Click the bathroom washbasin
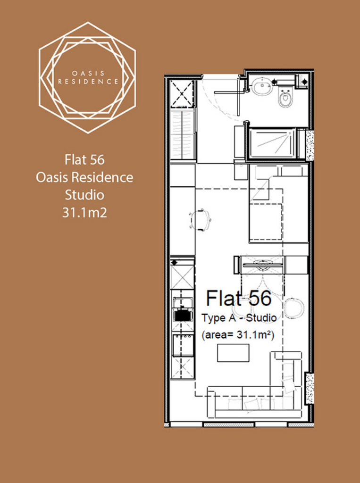click(262, 86)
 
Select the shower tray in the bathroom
click(271, 143)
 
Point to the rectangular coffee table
click(233, 353)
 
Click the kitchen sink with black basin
click(183, 315)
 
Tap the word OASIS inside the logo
click(88, 74)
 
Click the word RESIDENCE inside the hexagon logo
click(88, 82)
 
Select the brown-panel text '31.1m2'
click(84, 213)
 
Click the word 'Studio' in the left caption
click(84, 195)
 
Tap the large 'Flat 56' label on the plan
click(239, 298)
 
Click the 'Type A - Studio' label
click(239, 318)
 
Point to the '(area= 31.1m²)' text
click(238, 335)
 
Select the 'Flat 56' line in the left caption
click(84, 159)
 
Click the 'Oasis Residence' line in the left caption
click(84, 177)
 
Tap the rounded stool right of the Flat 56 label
click(294, 308)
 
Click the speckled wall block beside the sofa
click(310, 388)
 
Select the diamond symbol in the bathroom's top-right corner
click(304, 81)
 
